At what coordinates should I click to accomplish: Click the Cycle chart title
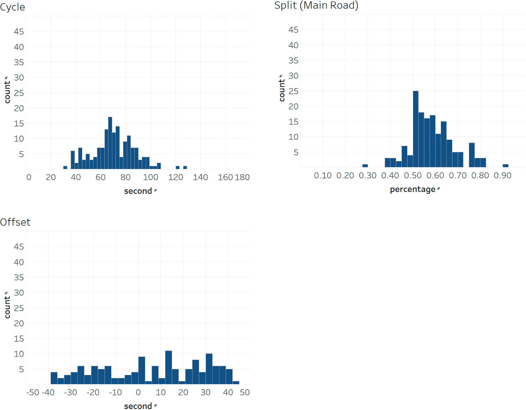(13, 7)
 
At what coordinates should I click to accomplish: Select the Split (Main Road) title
(316, 5)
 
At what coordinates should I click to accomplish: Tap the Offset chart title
(16, 222)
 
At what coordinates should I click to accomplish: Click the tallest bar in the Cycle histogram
(110, 143)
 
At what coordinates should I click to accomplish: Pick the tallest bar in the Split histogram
(416, 129)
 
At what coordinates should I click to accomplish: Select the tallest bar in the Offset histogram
(168, 367)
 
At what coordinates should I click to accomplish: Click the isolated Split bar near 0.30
(365, 166)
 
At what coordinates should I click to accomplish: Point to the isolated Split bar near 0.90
(506, 166)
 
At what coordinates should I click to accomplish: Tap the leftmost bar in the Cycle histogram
(65, 167)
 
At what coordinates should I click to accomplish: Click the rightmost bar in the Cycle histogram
(185, 167)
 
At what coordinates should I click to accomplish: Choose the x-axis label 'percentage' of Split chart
(413, 189)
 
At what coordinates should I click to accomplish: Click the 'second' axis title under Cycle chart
(138, 191)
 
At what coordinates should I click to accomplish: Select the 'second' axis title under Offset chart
(138, 406)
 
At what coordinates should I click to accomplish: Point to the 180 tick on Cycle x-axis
(242, 177)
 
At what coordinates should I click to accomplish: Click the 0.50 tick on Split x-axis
(413, 175)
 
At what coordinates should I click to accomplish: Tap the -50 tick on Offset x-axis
(32, 392)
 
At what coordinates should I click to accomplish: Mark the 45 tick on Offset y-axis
(19, 246)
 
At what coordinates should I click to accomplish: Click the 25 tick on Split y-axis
(293, 91)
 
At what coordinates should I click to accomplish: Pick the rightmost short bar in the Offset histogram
(236, 383)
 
